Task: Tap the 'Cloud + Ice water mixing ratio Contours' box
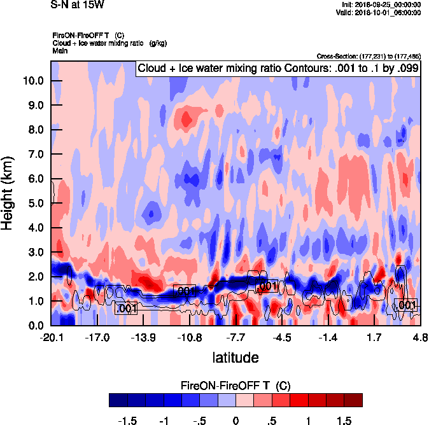[278, 68]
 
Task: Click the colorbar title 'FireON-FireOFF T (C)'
[236, 386]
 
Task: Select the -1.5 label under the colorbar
[128, 421]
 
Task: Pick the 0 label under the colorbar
[236, 421]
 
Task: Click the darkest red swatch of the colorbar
[353, 400]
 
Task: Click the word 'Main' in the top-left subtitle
[60, 50]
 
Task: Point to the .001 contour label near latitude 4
[405, 305]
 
